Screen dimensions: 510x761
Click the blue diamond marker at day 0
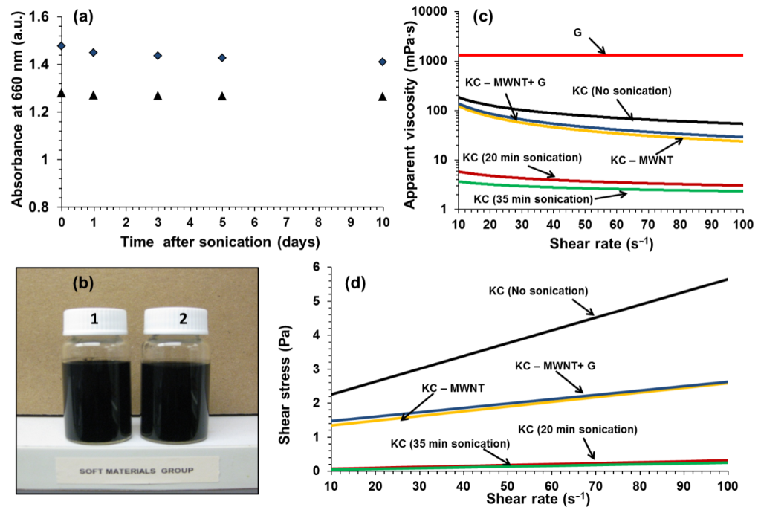coord(61,46)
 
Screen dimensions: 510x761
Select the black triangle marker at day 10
coord(382,97)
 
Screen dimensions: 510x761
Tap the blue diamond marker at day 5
coord(221,57)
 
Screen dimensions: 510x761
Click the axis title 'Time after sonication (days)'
coord(221,242)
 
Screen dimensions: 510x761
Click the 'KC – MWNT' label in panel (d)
coord(453,389)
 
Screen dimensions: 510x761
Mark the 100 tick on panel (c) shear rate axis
coord(741,225)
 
